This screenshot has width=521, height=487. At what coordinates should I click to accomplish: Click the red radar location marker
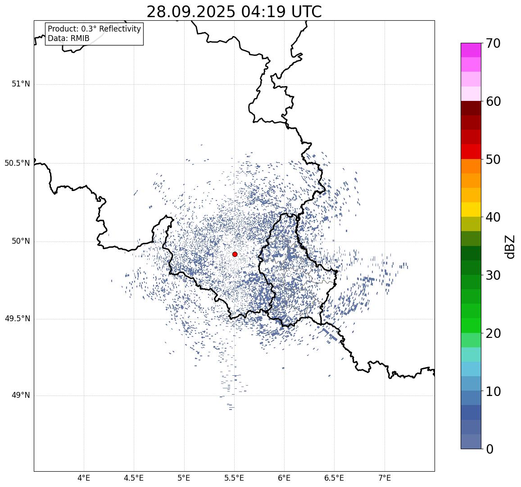[x=235, y=254]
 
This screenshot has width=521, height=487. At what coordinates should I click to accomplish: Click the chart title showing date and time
[x=234, y=12]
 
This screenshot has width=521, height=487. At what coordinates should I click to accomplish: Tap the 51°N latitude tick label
[x=21, y=84]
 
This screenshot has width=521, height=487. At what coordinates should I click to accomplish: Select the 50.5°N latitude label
[x=17, y=163]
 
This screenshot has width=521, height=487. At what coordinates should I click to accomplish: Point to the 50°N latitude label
[x=21, y=241]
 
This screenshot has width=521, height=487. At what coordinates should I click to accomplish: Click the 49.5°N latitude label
[x=17, y=319]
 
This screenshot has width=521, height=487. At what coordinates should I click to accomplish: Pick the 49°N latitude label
[x=21, y=395]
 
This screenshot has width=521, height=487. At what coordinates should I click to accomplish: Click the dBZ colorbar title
[x=510, y=247]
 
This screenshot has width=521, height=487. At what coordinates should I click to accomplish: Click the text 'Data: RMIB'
[x=68, y=39]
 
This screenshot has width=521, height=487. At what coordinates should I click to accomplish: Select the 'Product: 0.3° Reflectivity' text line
[x=94, y=29]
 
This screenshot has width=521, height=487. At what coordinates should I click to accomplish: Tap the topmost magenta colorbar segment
[x=471, y=50]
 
